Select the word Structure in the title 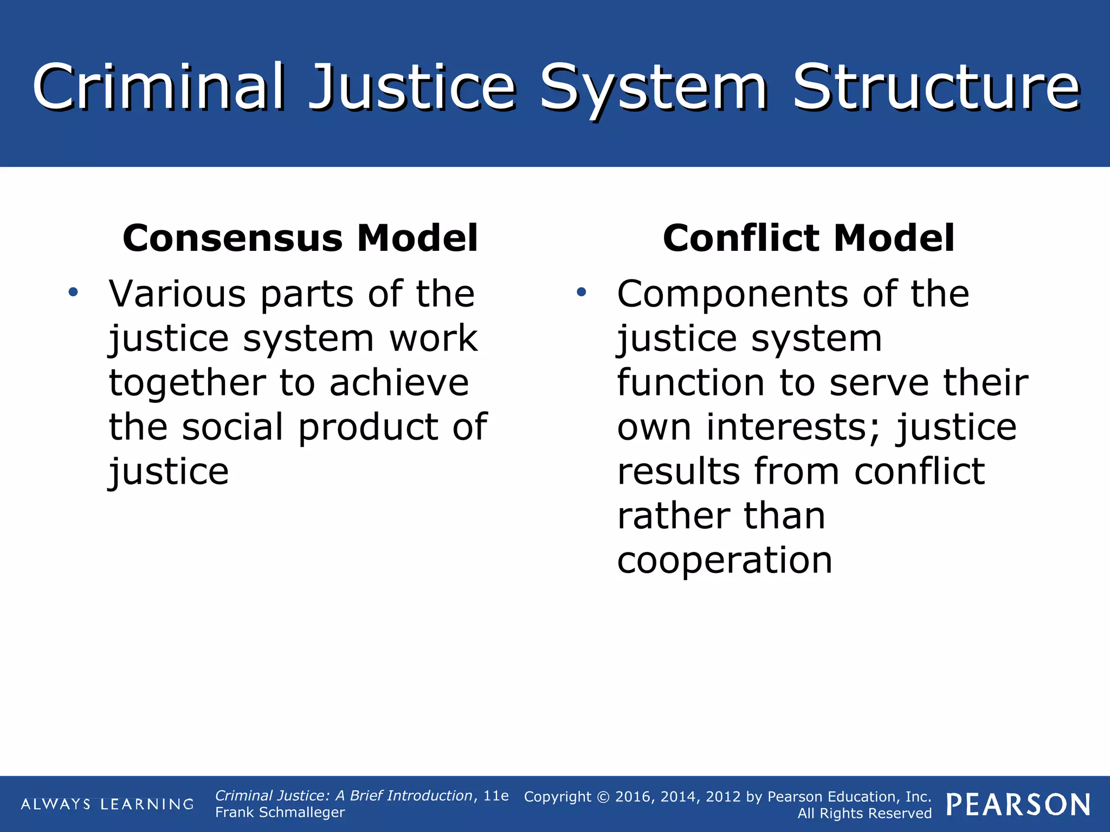(x=936, y=87)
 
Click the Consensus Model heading (x=300, y=238)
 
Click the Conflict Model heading (x=808, y=238)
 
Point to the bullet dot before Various (x=73, y=293)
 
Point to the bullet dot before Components (x=582, y=293)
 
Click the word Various (x=177, y=294)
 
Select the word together (x=187, y=383)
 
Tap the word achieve (x=399, y=383)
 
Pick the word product (x=368, y=427)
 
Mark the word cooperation (x=725, y=561)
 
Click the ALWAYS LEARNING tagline (x=107, y=804)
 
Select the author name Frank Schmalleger (x=280, y=812)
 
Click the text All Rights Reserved (x=864, y=814)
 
